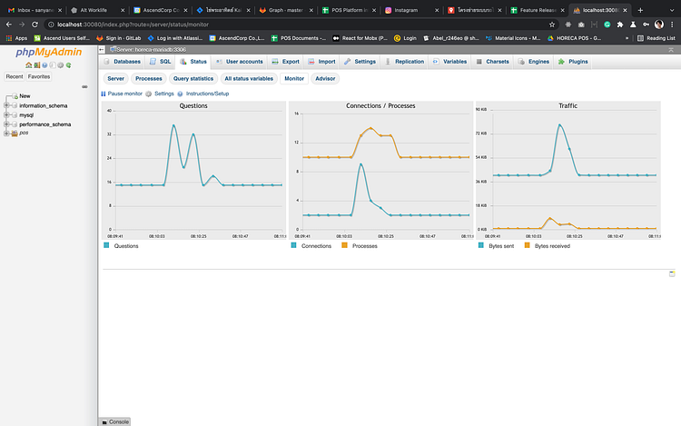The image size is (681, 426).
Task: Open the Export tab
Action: (287, 61)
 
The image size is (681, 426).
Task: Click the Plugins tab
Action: (575, 61)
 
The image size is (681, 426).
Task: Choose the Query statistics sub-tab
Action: (193, 79)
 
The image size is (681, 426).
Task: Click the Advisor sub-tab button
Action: (324, 79)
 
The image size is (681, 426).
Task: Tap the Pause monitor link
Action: (123, 94)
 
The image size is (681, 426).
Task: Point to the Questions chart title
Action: (192, 106)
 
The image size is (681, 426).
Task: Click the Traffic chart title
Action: (567, 106)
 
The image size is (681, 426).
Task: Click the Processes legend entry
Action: (364, 246)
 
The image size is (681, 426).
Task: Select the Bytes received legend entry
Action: (552, 246)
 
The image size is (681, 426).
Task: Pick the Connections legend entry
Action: (316, 246)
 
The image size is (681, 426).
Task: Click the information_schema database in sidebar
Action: (43, 105)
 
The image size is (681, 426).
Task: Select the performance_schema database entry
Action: (44, 124)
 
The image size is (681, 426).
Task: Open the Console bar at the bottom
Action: (118, 421)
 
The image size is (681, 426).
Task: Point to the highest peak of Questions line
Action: (174, 125)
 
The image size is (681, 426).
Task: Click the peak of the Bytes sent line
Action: (560, 124)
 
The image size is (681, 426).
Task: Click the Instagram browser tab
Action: (412, 9)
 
